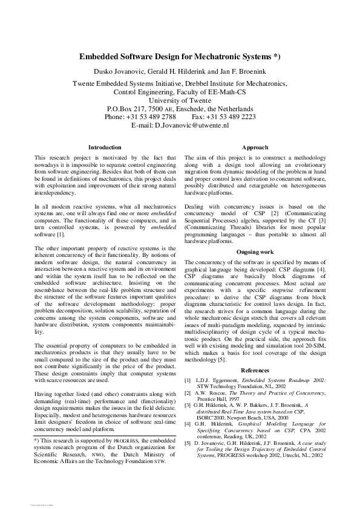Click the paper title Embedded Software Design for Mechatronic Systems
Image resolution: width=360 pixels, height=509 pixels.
pyautogui.click(x=180, y=57)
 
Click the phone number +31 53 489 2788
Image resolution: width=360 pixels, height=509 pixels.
pyautogui.click(x=152, y=117)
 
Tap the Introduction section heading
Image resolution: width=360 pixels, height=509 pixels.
pyautogui.click(x=105, y=147)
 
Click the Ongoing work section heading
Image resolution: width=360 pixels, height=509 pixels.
pyautogui.click(x=255, y=250)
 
